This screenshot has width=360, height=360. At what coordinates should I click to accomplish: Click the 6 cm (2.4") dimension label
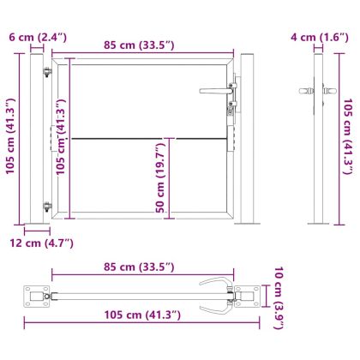pos(34,37)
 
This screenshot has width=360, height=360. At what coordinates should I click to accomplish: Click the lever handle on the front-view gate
pos(214,91)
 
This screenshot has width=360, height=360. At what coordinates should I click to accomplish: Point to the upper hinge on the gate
pos(46,73)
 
